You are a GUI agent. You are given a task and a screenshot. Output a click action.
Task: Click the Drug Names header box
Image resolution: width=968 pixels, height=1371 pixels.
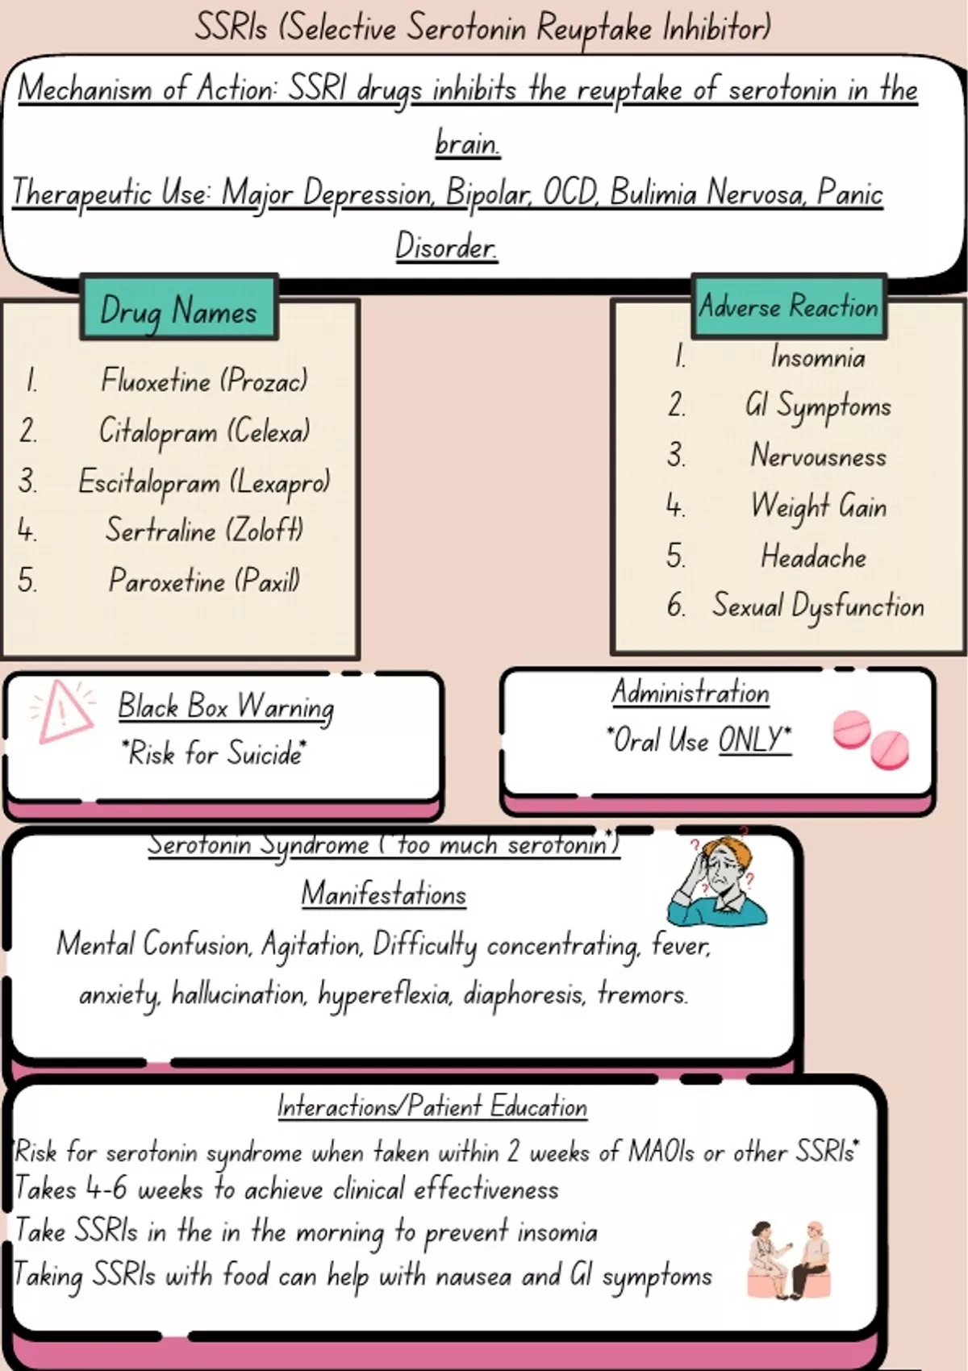[x=178, y=309]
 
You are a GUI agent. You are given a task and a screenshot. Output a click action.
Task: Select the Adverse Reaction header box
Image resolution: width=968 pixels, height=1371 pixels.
[x=788, y=306]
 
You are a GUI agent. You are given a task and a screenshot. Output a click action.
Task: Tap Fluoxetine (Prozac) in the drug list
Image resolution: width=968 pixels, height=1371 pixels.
[x=204, y=380]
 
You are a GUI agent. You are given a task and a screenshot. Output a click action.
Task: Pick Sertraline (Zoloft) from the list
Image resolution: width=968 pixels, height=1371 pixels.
[x=204, y=530]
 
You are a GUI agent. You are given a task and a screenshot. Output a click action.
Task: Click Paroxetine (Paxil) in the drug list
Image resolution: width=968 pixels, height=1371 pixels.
[x=204, y=580]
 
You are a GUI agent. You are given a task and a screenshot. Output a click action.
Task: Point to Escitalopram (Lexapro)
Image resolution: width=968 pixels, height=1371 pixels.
[x=204, y=481]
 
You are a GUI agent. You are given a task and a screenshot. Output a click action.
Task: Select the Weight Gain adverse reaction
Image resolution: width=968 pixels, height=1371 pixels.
[x=818, y=506]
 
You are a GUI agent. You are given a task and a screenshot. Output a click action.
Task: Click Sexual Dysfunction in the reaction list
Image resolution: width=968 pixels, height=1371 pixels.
[x=818, y=606]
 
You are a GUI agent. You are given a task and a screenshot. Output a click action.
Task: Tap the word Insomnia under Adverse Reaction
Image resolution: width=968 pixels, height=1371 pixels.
[x=817, y=356]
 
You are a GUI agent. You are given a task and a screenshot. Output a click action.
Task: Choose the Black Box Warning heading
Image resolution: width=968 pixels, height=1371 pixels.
[x=226, y=706]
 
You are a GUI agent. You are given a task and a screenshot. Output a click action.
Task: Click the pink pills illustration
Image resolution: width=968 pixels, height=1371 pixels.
[x=870, y=739]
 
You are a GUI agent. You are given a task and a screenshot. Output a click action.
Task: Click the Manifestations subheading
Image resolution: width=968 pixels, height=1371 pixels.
[x=384, y=894]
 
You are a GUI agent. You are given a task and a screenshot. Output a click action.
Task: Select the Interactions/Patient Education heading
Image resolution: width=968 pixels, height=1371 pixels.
[x=432, y=1106]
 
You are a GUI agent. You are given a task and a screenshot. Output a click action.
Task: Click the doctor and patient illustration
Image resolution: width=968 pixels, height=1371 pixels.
[x=789, y=1259]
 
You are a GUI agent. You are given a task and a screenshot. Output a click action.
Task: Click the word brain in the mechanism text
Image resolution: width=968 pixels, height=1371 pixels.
[x=467, y=143]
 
